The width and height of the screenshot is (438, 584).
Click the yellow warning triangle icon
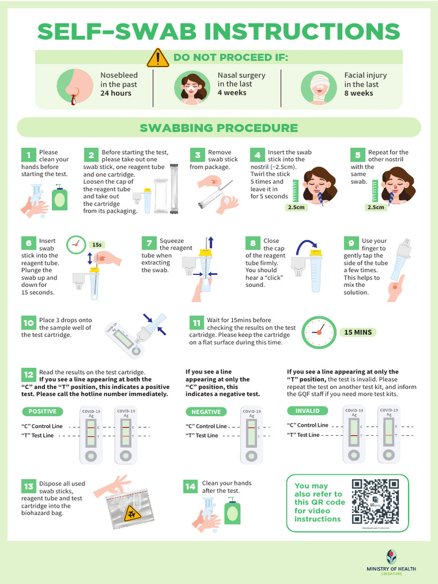pos(157,58)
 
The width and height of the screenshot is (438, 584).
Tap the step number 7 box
pos(148,243)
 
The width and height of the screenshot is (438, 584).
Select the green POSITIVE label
pos(43,411)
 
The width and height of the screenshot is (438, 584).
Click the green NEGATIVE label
pos(206,411)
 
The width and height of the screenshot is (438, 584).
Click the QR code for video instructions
pos(375,501)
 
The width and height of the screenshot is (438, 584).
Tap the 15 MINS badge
pos(358,332)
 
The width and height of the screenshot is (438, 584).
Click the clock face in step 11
pos(318,332)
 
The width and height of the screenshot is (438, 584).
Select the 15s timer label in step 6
pos(98,245)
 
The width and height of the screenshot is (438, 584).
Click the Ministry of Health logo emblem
pos(391,557)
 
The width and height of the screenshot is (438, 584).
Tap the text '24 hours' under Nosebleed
pos(116,94)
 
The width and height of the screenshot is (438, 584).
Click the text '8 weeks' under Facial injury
pos(359,94)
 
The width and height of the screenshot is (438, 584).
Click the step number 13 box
pos(29,486)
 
